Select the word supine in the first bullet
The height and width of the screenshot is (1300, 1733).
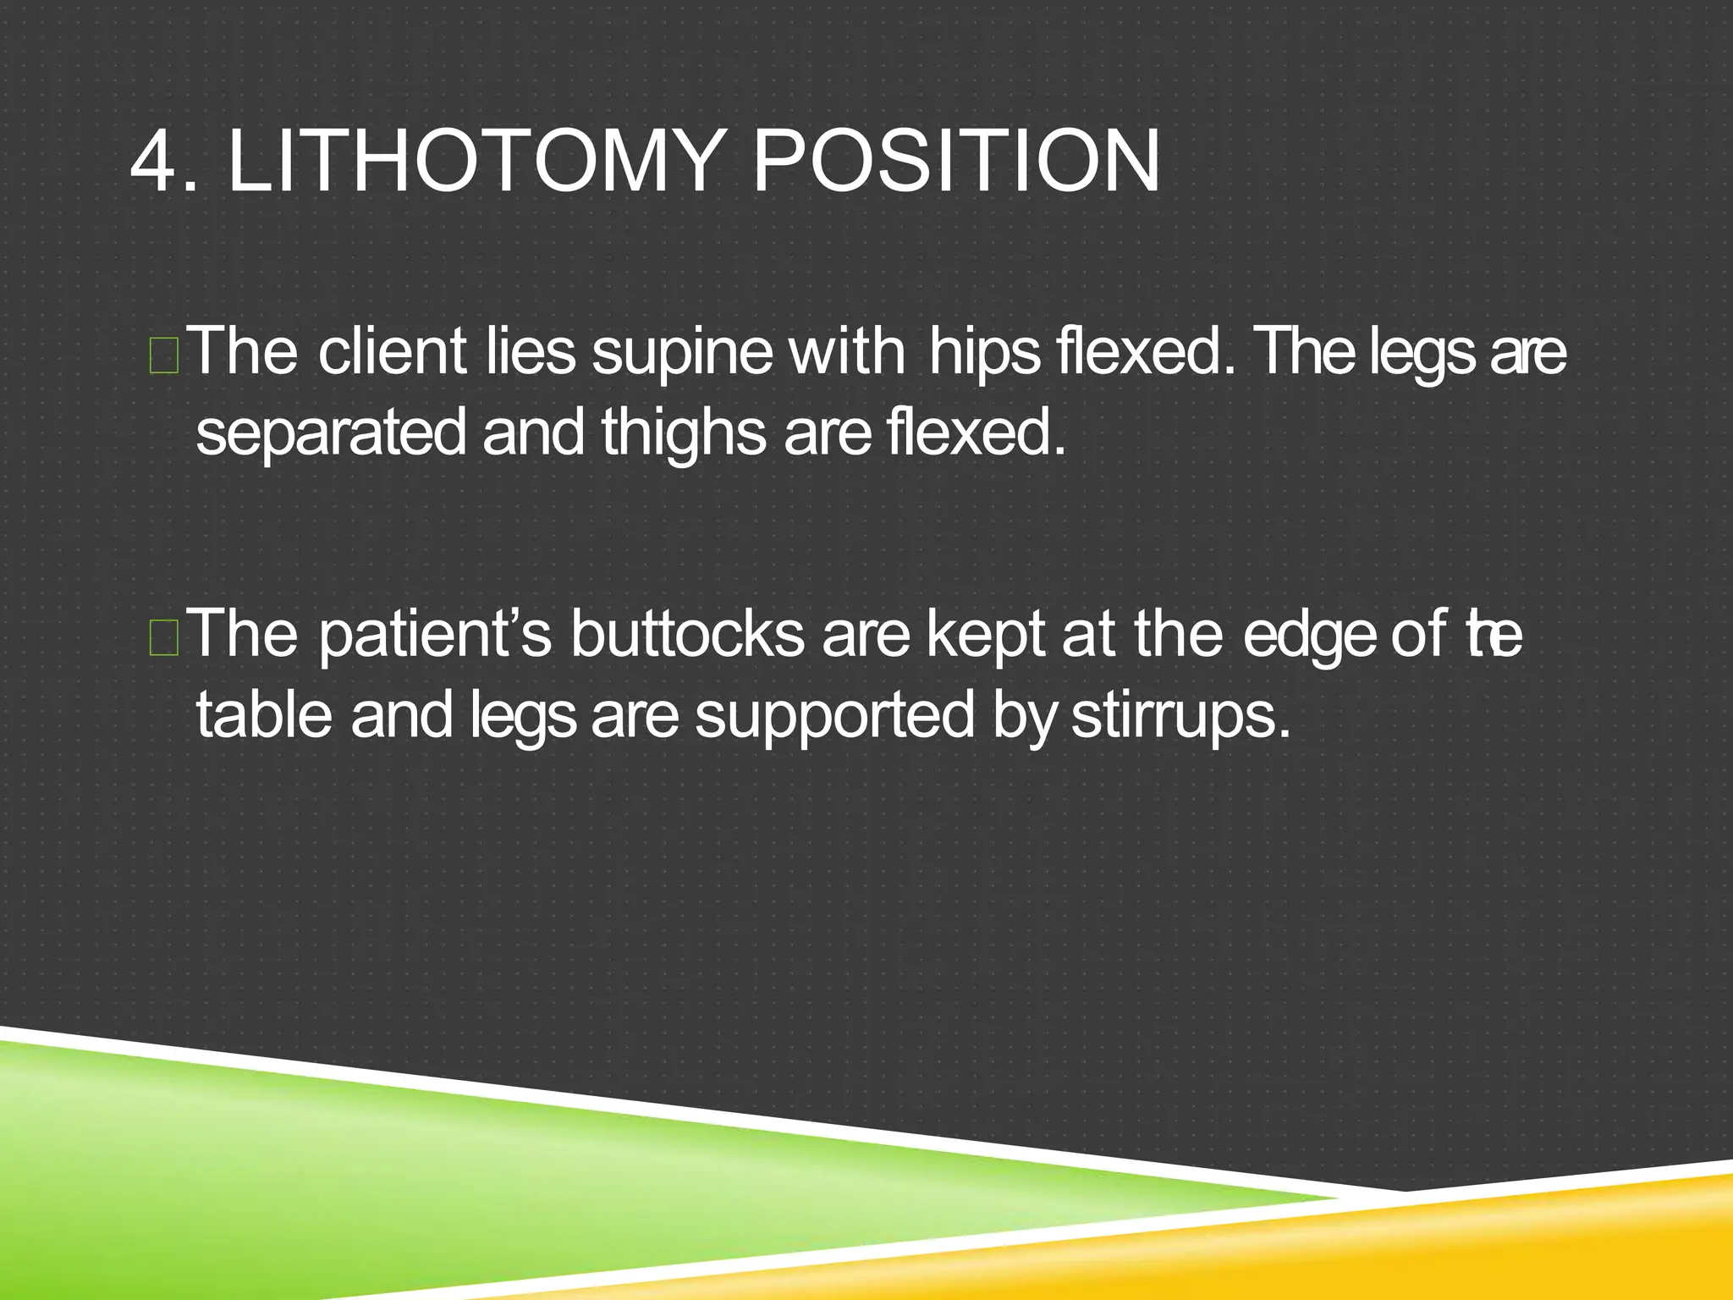682,354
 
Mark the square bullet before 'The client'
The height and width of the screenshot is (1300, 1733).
163,356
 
